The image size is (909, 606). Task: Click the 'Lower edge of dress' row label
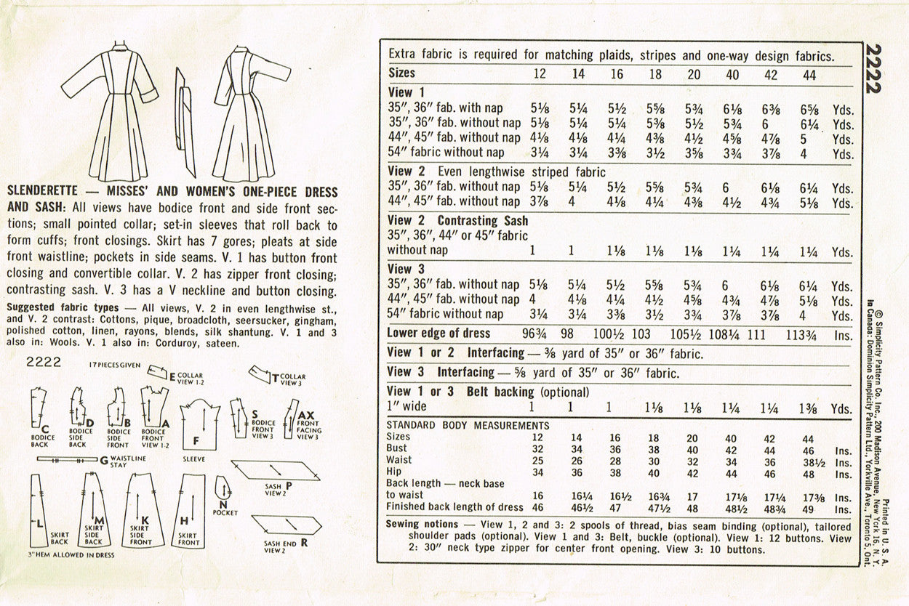coord(439,334)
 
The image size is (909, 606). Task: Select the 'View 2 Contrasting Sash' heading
coord(457,220)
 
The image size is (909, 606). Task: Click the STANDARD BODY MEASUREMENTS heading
coord(468,425)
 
